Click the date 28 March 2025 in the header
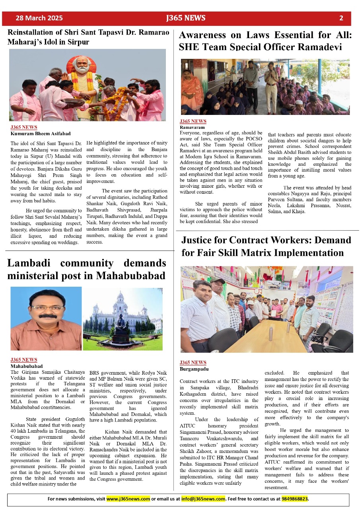[39, 18]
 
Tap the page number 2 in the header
[341, 18]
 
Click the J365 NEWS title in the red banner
[186, 18]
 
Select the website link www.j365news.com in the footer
[128, 499]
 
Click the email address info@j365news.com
[203, 499]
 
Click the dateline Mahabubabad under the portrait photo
[26, 366]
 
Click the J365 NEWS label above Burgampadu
[193, 363]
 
